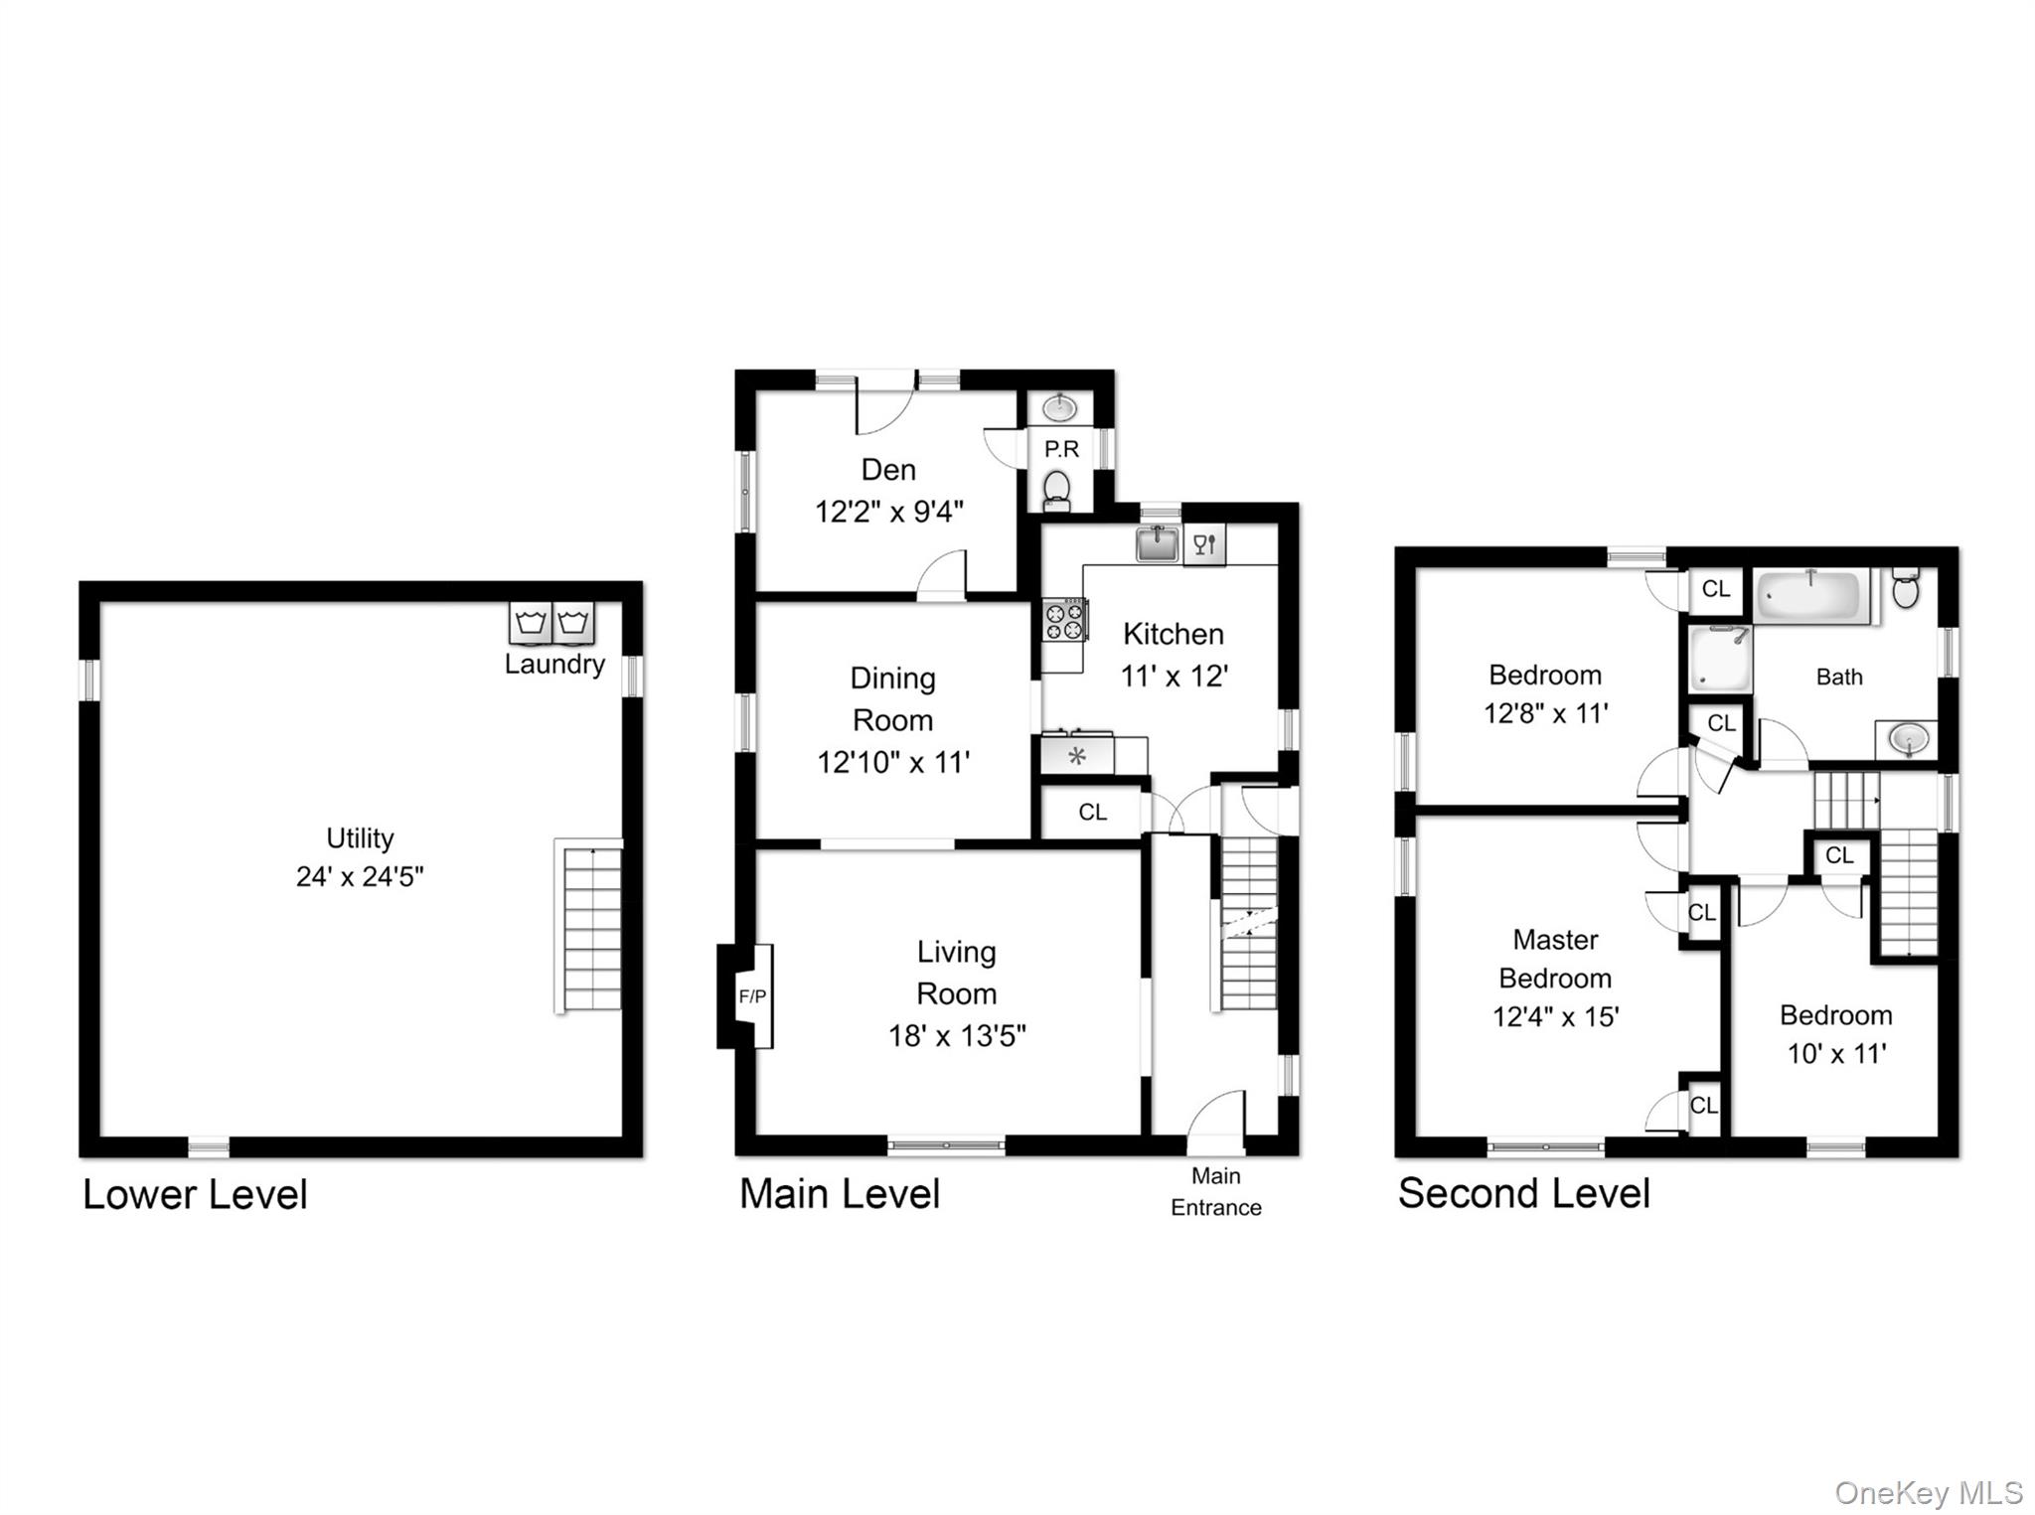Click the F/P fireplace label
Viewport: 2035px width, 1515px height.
tap(752, 996)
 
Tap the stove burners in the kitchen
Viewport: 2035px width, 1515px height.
tap(1064, 621)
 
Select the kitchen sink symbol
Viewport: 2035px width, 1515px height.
tap(1158, 543)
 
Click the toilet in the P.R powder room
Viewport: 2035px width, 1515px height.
tap(1057, 490)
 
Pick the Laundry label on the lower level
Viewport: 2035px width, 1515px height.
tap(554, 664)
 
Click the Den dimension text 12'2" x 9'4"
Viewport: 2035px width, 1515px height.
tap(889, 512)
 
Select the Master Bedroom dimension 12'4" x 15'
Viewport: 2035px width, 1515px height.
tap(1556, 1017)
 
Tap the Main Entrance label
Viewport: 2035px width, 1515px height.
tap(1216, 1191)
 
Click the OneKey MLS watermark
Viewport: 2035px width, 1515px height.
tap(1929, 1493)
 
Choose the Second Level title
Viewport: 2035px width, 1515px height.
tap(1524, 1193)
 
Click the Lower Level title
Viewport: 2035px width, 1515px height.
tap(195, 1194)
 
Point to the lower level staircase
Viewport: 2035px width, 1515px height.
tap(588, 927)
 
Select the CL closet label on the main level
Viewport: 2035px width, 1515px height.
tap(1093, 813)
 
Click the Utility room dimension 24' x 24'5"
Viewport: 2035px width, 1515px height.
tap(360, 876)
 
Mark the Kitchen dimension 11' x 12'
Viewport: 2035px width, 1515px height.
tap(1174, 677)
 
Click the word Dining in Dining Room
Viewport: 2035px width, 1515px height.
tap(892, 679)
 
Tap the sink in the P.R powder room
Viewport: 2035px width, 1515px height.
tap(1060, 407)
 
